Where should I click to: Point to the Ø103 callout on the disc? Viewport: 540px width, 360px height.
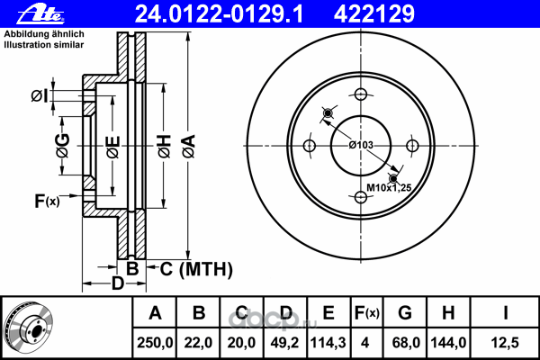click(361, 145)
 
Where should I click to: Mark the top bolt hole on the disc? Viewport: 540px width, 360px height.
click(360, 94)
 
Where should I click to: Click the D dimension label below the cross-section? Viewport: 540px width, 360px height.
click(118, 285)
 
